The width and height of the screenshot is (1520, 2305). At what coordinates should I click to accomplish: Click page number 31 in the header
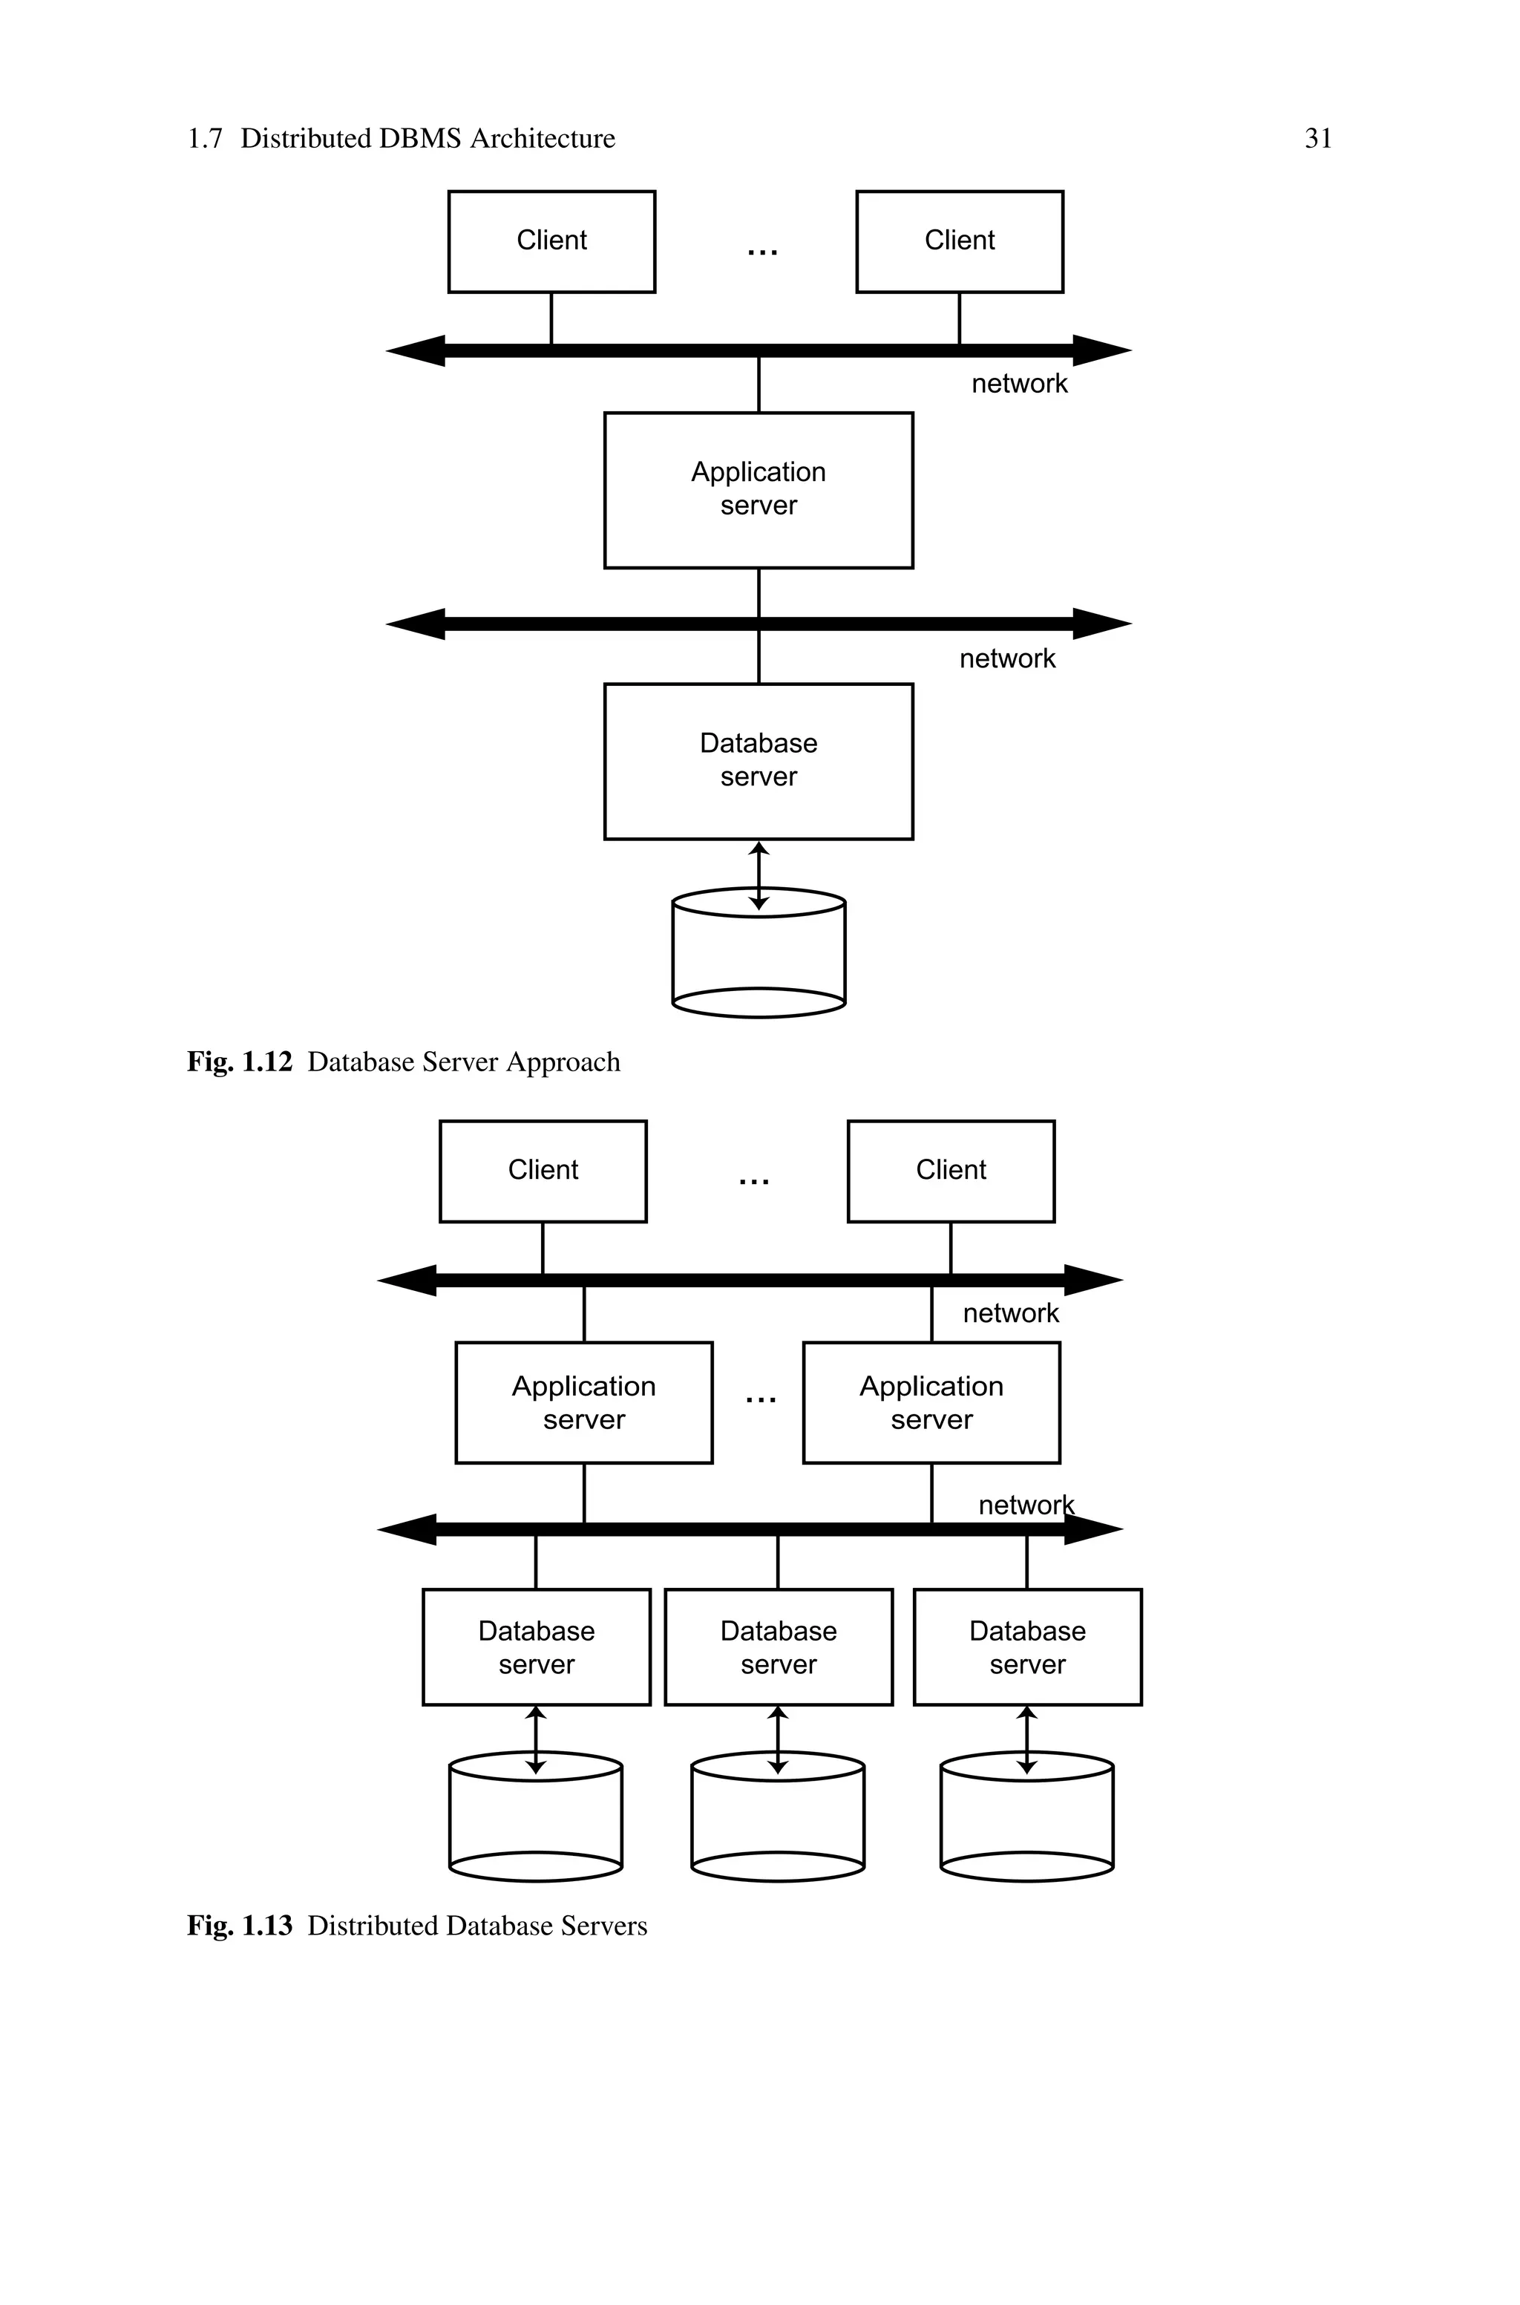click(1317, 139)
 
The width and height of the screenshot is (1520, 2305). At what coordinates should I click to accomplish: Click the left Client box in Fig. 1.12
click(551, 241)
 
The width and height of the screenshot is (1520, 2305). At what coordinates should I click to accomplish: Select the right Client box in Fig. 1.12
click(959, 241)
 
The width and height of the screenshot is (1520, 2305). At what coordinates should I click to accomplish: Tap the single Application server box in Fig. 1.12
click(758, 489)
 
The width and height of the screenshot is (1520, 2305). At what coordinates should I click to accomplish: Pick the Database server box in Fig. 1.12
click(758, 761)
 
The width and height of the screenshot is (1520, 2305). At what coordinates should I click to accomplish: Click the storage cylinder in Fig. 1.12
click(758, 960)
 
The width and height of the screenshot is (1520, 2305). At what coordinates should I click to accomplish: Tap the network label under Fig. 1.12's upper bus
click(1019, 384)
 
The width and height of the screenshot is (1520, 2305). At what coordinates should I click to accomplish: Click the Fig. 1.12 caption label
click(238, 1062)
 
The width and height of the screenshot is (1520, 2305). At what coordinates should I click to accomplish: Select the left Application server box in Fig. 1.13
click(583, 1402)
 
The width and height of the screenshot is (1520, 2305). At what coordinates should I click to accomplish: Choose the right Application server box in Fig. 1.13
click(931, 1402)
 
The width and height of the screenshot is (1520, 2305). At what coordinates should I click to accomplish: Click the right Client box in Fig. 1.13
click(950, 1171)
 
